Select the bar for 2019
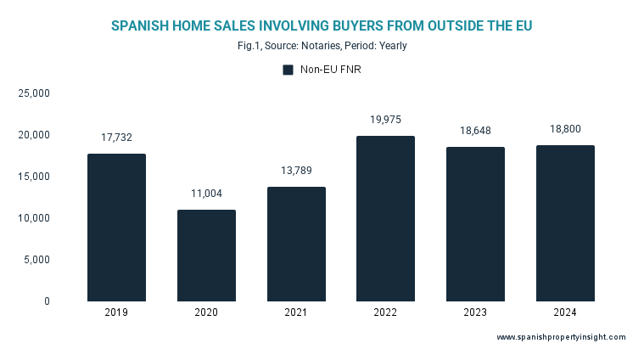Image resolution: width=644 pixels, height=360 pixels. click(x=116, y=228)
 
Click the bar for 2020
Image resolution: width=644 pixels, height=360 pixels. click(x=206, y=256)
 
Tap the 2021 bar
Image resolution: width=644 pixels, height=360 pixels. click(x=296, y=244)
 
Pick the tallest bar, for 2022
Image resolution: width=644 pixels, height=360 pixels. click(x=386, y=218)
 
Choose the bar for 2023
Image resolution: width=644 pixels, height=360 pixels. click(x=475, y=224)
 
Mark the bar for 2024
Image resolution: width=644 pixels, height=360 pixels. click(x=565, y=223)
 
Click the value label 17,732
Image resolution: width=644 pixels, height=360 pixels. click(x=116, y=138)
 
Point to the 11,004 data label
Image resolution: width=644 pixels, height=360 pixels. click(x=206, y=194)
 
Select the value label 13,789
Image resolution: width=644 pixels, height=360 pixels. click(x=296, y=171)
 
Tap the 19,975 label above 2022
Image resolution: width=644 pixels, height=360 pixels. click(x=386, y=120)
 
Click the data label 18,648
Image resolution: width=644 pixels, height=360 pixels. click(x=475, y=131)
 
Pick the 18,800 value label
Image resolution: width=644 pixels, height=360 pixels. click(x=565, y=129)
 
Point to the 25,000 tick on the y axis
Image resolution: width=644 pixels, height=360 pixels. click(x=35, y=93)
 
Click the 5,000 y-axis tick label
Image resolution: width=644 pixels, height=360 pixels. click(x=37, y=260)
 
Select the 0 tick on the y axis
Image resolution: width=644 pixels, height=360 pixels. click(x=47, y=301)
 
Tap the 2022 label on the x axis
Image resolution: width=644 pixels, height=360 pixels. click(x=386, y=312)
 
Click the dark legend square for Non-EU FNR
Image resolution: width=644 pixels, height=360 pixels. click(x=288, y=70)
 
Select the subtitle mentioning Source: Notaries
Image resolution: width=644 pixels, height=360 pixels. click(x=322, y=46)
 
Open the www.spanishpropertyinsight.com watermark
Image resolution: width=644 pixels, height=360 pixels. click(x=561, y=337)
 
